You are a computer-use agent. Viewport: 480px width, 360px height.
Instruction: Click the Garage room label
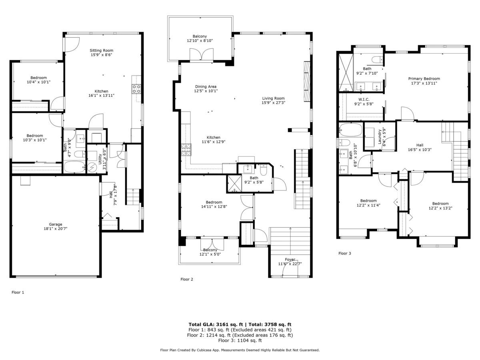pyautogui.click(x=56, y=224)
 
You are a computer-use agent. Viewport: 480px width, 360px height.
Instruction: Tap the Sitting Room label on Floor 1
pyautogui.click(x=102, y=50)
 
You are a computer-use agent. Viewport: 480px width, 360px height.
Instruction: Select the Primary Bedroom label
pyautogui.click(x=424, y=79)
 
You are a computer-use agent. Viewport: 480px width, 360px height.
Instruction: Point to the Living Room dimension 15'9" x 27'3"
pyautogui.click(x=273, y=103)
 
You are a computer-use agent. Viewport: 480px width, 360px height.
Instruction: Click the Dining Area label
pyautogui.click(x=206, y=86)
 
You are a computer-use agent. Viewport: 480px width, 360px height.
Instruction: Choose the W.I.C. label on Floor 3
pyautogui.click(x=364, y=100)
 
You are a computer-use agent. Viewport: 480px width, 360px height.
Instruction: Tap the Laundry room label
pyautogui.click(x=380, y=137)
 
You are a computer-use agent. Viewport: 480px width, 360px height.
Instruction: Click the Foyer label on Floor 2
pyautogui.click(x=290, y=260)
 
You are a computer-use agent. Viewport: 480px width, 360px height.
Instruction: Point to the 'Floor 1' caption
pyautogui.click(x=18, y=292)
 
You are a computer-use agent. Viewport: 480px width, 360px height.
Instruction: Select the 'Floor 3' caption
pyautogui.click(x=345, y=253)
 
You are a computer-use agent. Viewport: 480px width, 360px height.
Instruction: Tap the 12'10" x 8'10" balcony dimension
pyautogui.click(x=200, y=41)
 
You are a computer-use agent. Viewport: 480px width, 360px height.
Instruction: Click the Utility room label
pyautogui.click(x=100, y=159)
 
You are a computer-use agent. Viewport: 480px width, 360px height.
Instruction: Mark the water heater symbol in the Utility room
pyautogui.click(x=92, y=168)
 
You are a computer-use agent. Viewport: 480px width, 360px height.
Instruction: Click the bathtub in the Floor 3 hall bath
pyautogui.click(x=351, y=130)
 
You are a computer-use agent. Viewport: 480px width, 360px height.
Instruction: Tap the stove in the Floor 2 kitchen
pyautogui.click(x=186, y=150)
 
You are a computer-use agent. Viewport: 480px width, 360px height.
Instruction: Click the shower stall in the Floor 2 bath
pyautogui.click(x=234, y=184)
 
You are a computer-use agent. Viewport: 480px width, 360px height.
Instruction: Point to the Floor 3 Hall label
pyautogui.click(x=420, y=145)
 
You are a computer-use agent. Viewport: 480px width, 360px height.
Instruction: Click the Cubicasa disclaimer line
pyautogui.click(x=240, y=350)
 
